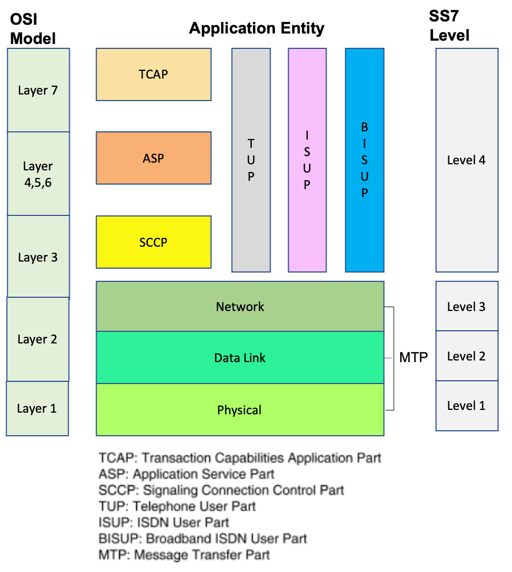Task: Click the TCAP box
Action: tap(154, 74)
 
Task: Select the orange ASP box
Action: tap(154, 158)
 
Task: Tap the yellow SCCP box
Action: tap(154, 242)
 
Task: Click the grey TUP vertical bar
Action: tap(251, 160)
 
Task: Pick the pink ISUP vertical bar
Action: tap(307, 160)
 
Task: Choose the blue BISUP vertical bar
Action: tap(364, 160)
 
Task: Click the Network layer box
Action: tap(240, 307)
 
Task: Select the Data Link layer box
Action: tap(240, 358)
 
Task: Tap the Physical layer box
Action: tap(240, 410)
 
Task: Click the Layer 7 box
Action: tap(38, 90)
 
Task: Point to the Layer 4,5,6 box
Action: tap(38, 174)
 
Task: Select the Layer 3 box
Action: tap(38, 257)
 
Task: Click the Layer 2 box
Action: tap(37, 339)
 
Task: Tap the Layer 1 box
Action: tap(37, 408)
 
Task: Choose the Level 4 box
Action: tap(466, 160)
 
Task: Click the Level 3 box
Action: tap(466, 306)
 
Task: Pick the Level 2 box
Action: tap(466, 356)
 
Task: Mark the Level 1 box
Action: tap(466, 406)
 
